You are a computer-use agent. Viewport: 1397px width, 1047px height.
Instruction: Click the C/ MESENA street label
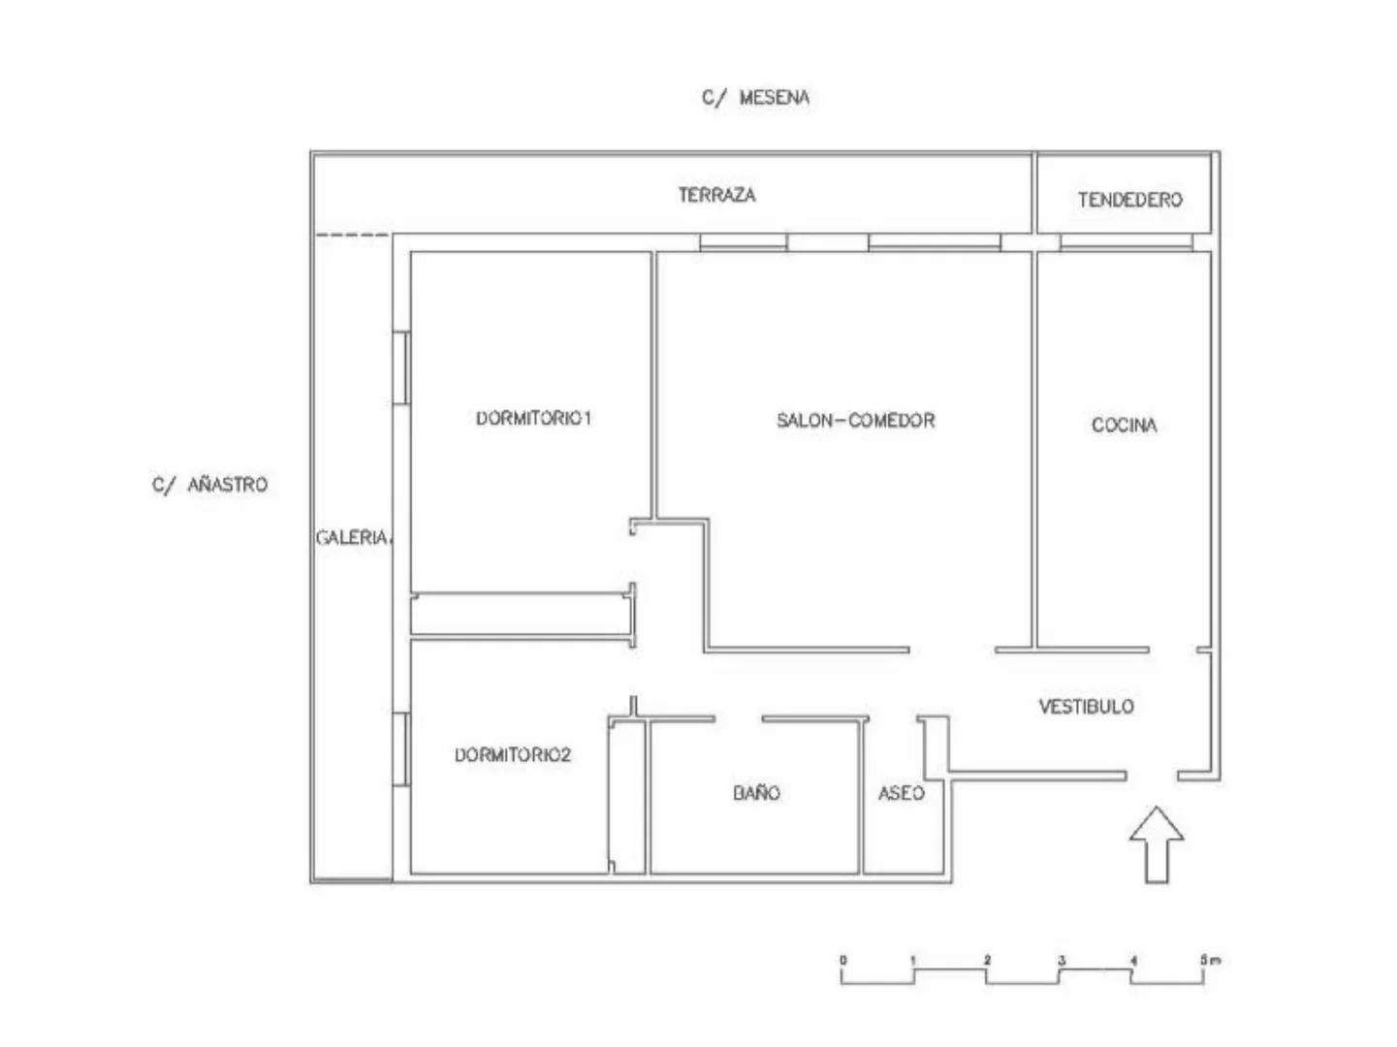(x=755, y=98)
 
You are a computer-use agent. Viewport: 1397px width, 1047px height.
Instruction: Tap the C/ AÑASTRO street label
(x=210, y=485)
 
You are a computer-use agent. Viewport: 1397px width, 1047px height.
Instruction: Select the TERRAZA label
(x=716, y=195)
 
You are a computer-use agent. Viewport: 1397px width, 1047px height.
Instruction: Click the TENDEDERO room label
(x=1129, y=200)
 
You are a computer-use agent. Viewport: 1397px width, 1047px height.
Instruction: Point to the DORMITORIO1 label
(x=534, y=418)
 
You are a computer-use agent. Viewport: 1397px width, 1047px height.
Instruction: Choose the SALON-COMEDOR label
(x=855, y=421)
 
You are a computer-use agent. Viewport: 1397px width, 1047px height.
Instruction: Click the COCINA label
(x=1124, y=426)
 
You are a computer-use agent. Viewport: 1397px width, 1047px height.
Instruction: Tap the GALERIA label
(x=353, y=538)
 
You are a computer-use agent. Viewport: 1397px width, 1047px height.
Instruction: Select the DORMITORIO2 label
(x=513, y=755)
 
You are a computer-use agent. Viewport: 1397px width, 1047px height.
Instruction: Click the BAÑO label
(x=757, y=792)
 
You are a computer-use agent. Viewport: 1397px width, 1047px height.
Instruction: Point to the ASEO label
(x=902, y=793)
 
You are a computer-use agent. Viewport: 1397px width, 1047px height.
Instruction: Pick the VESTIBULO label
(x=1087, y=707)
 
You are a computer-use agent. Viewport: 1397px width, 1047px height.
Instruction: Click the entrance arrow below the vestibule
(x=1157, y=844)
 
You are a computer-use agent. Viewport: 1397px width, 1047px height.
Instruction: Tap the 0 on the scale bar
(x=843, y=960)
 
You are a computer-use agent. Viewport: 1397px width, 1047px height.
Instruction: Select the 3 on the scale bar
(x=1062, y=960)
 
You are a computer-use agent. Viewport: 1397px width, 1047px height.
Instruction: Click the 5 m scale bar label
(x=1211, y=960)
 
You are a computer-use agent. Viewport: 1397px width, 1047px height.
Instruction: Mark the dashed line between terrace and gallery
(x=352, y=236)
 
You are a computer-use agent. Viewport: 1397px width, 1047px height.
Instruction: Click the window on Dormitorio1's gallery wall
(x=401, y=367)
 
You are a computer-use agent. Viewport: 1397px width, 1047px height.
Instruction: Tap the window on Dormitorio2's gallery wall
(x=401, y=749)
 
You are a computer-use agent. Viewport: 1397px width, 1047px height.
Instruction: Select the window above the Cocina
(x=1127, y=242)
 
